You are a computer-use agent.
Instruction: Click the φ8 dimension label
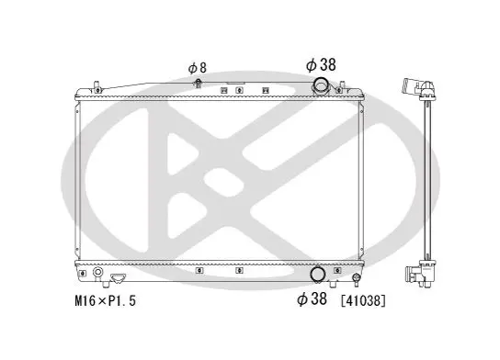[x=198, y=68]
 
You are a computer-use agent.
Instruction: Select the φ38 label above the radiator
[x=321, y=64]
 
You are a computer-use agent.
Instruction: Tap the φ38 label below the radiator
[x=312, y=298]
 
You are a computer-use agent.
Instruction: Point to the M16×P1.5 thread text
[x=105, y=300]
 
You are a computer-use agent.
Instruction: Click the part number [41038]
[x=363, y=300]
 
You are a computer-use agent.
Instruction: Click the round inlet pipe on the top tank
[x=321, y=85]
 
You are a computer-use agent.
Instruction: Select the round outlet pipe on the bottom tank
[x=318, y=275]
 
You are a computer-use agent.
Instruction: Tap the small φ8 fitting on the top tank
[x=198, y=84]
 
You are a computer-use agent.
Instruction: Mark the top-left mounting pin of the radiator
[x=97, y=87]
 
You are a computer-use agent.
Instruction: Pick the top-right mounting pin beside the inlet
[x=341, y=87]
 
